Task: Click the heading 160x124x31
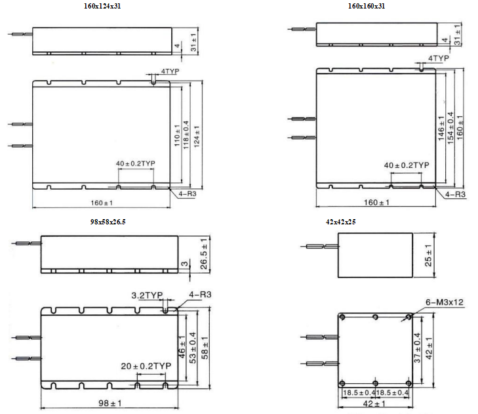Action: (x=102, y=6)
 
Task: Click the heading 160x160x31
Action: (x=367, y=6)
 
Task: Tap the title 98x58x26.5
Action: (x=108, y=222)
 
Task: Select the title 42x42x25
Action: (x=340, y=222)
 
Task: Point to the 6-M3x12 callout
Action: (x=444, y=302)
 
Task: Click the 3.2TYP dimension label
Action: (x=147, y=295)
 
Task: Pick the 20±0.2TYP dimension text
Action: (x=146, y=366)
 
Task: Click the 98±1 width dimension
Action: (x=110, y=403)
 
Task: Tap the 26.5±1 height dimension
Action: (x=204, y=254)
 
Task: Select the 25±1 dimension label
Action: (x=428, y=255)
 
